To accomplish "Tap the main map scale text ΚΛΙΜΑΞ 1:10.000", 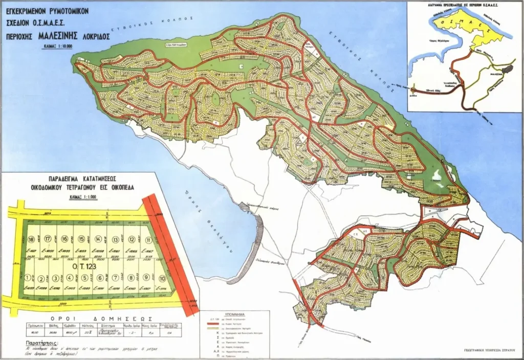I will [x=59, y=47].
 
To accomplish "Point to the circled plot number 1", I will [x=27, y=278].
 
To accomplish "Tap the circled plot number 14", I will [x=98, y=240].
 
